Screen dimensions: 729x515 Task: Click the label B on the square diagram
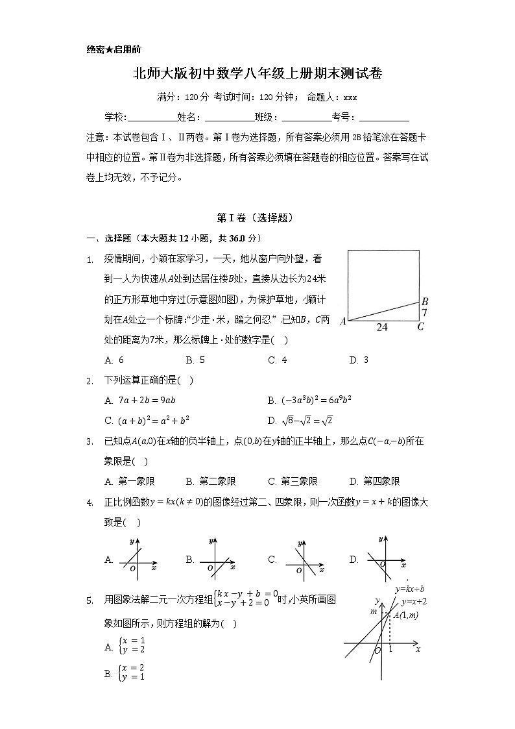coord(425,301)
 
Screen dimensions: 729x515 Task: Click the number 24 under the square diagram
coord(382,328)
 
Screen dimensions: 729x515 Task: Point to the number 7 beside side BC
coord(425,313)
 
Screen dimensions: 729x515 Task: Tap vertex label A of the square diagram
coord(342,322)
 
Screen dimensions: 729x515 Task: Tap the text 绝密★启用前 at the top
coord(114,49)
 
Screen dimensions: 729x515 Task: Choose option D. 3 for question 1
coord(359,360)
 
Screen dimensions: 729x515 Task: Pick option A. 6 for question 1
coord(114,360)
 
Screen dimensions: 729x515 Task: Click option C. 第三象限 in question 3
coord(293,481)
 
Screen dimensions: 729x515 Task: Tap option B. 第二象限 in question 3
coord(211,481)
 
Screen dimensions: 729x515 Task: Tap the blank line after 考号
coord(383,118)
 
